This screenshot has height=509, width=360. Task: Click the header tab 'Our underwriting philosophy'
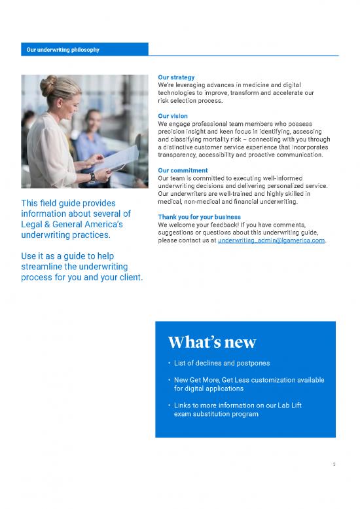(x=62, y=49)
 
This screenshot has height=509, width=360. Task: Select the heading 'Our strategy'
(x=176, y=78)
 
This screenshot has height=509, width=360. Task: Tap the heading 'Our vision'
(x=173, y=117)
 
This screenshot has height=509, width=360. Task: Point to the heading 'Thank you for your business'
(x=199, y=217)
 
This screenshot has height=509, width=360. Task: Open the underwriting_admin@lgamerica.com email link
(x=271, y=240)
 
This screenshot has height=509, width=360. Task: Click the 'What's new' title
(x=211, y=342)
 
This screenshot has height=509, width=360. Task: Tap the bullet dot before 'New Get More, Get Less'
(x=170, y=380)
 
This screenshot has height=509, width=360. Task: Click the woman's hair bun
(x=48, y=83)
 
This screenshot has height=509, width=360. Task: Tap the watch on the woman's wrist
(x=92, y=176)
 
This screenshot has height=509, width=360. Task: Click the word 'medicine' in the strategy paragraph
(x=247, y=86)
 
